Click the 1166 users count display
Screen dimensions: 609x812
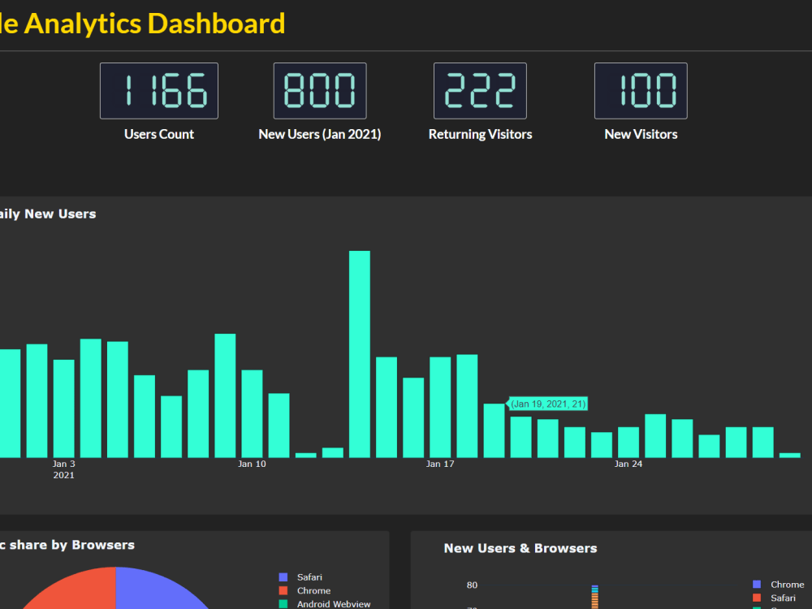(158, 91)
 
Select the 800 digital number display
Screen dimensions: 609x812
(320, 91)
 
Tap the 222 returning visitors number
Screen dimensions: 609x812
(480, 91)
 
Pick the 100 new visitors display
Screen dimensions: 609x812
(641, 91)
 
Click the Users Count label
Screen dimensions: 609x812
(159, 135)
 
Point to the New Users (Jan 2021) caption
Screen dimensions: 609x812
(319, 135)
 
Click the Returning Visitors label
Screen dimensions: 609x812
(480, 135)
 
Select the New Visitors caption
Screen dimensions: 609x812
(641, 135)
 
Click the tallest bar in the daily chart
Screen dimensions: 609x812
(360, 354)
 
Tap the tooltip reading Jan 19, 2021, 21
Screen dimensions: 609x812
(548, 404)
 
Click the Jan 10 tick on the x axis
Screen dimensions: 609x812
(252, 464)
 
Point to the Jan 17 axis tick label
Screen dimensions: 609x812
(439, 464)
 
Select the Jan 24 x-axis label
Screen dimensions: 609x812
(628, 464)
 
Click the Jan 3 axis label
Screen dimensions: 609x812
(64, 464)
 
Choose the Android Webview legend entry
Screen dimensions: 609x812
(333, 604)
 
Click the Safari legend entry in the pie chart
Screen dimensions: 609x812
(309, 577)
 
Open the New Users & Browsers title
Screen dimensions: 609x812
(520, 549)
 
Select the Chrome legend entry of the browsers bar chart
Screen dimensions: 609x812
(787, 585)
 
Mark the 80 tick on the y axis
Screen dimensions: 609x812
(472, 585)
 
